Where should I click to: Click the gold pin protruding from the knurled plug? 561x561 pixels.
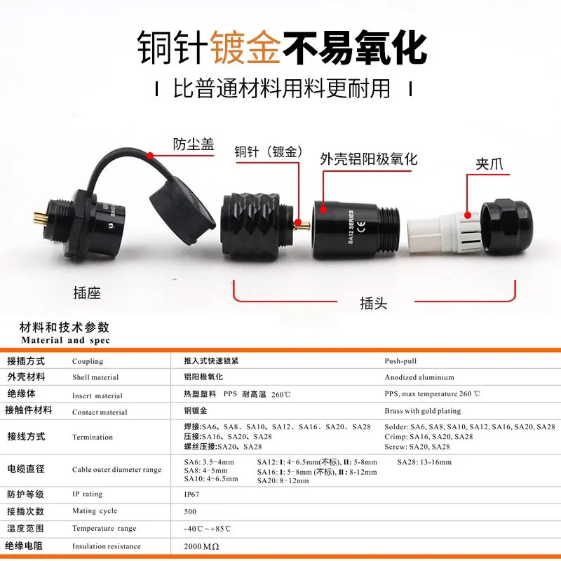point(302,224)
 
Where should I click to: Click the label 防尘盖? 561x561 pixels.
point(194,145)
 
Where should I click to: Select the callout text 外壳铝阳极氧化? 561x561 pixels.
point(368,159)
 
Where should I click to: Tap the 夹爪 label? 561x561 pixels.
point(490,165)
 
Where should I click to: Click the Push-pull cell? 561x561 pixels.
point(400,361)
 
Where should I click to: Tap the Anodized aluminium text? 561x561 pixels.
point(419,377)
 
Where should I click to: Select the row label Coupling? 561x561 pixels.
point(88,362)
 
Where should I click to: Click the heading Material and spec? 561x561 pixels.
point(66,340)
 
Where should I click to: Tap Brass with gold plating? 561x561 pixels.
point(423,412)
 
